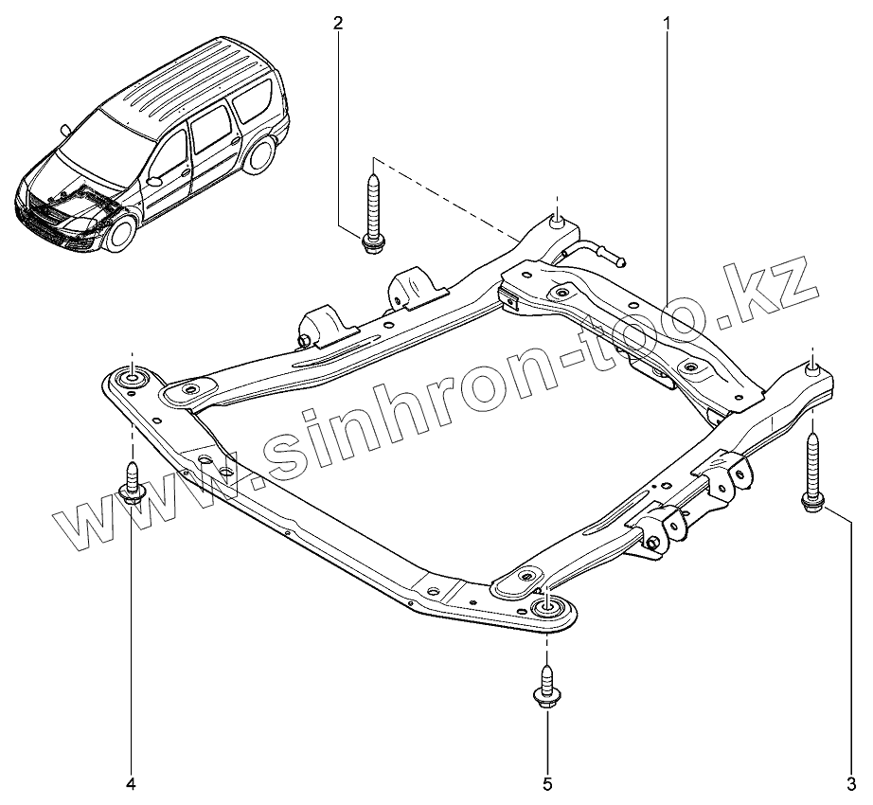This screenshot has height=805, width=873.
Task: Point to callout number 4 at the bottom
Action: (x=132, y=782)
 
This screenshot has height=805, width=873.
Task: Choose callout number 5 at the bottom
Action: (x=548, y=782)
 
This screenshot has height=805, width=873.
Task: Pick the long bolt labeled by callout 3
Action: (x=813, y=474)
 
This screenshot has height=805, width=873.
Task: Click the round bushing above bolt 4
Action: (x=131, y=380)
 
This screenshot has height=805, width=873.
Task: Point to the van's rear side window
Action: (x=254, y=100)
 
